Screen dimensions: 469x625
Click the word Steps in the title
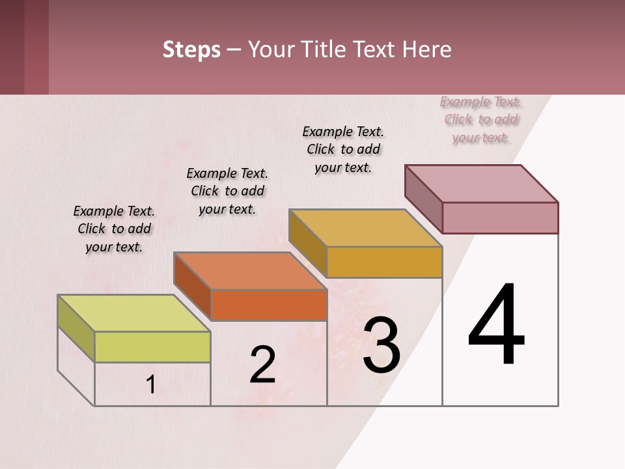pos(191,50)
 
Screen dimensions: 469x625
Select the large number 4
pos(496,326)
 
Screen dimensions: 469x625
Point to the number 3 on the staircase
pos(381,345)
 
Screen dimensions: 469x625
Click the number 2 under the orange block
pos(262,365)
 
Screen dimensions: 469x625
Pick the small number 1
pos(150,385)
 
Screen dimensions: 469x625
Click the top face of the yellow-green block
pos(134,313)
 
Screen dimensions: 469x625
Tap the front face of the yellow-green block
pos(152,347)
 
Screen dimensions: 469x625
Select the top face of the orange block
pos(250,270)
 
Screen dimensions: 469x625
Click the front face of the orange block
pos(269,305)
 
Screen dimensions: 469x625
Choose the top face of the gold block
pos(365,228)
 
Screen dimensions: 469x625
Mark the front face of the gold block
pos(384,262)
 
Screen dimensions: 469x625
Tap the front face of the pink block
pos(500,218)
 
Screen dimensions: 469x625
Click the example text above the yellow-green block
pos(114,229)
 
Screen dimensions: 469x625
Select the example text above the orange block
pos(227,191)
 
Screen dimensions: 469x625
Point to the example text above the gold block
pos(343,149)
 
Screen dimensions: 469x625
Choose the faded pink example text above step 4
pos(480,119)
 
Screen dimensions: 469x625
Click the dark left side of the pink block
pos(424,198)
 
